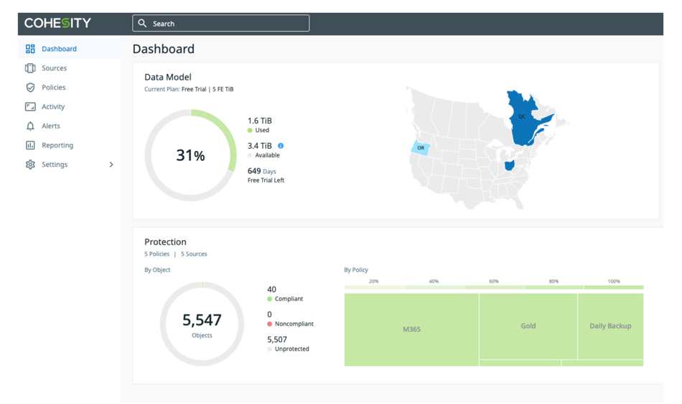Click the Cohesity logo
(57, 23)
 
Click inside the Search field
(221, 24)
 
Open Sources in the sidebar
(54, 68)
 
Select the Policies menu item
(54, 87)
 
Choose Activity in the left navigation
(53, 106)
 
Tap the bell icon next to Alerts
(30, 126)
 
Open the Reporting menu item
(57, 145)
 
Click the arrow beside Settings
(111, 165)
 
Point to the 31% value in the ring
(190, 155)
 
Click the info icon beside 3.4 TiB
(281, 146)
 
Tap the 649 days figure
(254, 171)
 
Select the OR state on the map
(421, 147)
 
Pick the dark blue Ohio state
(509, 165)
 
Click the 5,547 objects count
(202, 320)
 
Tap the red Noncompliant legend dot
(270, 324)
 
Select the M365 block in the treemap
(411, 329)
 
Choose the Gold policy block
(528, 326)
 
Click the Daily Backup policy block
(611, 326)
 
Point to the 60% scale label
(494, 281)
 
